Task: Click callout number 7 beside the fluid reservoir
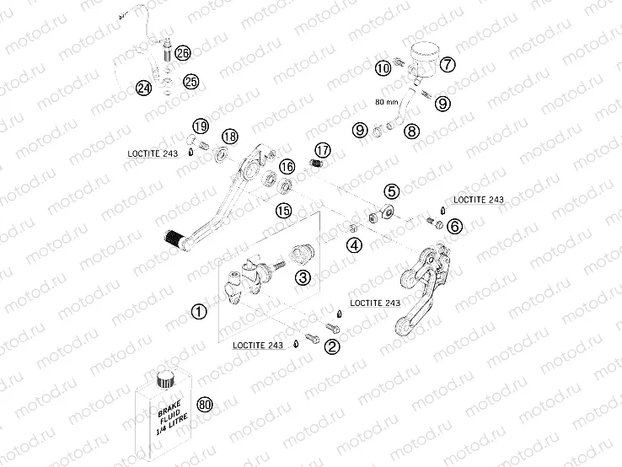pos(448,64)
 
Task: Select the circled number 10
pos(383,67)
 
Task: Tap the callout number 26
pos(183,53)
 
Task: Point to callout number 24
pos(143,87)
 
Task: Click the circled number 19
pos(199,126)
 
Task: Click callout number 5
pos(391,191)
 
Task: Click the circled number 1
pos(198,311)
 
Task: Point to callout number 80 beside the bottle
pos(203,405)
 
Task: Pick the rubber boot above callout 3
pos(302,253)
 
